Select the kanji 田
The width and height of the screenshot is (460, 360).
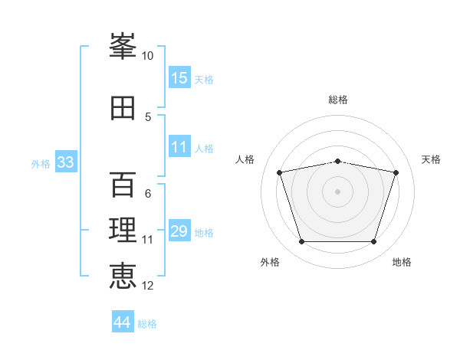coord(123,108)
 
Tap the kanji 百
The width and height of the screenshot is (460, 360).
coord(123,185)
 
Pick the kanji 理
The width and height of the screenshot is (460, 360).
coord(123,229)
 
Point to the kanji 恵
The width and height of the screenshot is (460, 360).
coord(123,275)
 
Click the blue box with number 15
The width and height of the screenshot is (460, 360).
coord(179,77)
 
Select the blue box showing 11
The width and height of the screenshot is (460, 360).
coord(179,148)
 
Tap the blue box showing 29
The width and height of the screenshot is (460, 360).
coord(179,231)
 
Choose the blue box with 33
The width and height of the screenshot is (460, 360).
coord(65,162)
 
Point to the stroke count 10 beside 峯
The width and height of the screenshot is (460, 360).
coord(147,56)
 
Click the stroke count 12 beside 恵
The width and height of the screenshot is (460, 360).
coord(148,286)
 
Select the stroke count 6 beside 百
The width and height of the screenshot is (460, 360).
coord(147,194)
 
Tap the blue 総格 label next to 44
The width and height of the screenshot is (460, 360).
coord(147,324)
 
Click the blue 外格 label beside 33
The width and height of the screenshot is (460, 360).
coord(41,164)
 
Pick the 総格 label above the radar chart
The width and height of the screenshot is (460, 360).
coord(338,100)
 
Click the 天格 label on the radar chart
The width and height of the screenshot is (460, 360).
coord(431,159)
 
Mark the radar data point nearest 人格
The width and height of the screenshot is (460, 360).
coord(280,172)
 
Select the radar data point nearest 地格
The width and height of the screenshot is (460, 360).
coord(373,242)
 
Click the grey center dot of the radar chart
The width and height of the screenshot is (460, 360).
coord(338,191)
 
